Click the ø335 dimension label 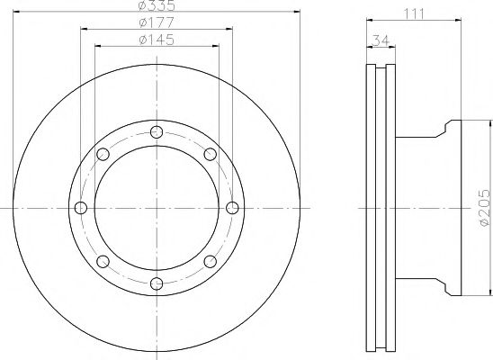(x=157, y=5)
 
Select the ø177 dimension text (x=157, y=22)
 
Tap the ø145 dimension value (x=157, y=40)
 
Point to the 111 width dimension (x=414, y=13)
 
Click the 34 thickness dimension (x=381, y=40)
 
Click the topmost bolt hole (x=157, y=131)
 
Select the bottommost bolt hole (x=157, y=283)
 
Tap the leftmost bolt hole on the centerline (x=81, y=208)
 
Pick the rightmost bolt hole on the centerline (x=232, y=208)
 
